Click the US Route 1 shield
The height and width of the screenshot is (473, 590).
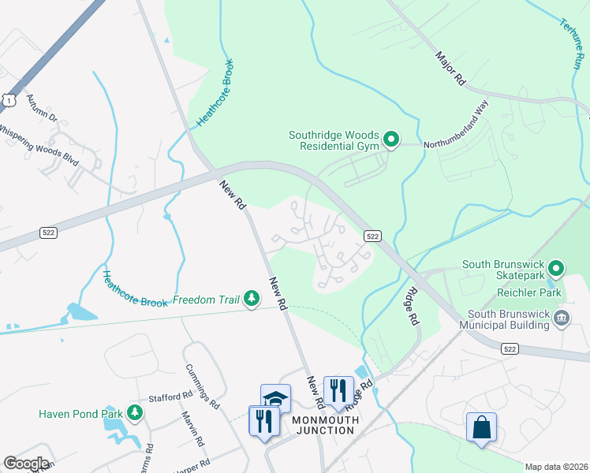9,98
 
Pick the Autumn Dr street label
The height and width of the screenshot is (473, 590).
43,108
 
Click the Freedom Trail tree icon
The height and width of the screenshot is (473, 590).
251,298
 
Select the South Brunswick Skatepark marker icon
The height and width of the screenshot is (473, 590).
556,270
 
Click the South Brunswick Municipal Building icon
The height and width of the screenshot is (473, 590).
562,318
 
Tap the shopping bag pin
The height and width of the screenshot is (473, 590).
481,428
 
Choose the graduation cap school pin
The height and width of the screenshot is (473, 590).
276,398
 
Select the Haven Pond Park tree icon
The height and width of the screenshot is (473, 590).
135,412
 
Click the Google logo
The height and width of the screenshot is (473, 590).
26,464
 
